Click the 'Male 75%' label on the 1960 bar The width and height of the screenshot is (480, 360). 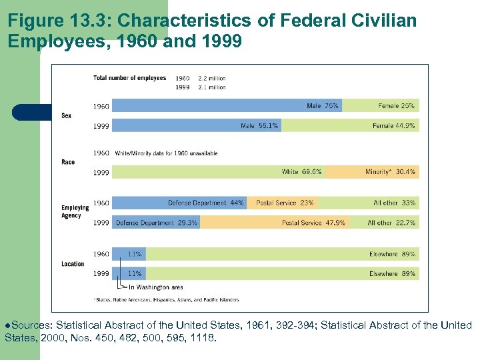click(x=323, y=106)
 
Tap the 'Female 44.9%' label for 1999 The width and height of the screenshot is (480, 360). click(x=394, y=125)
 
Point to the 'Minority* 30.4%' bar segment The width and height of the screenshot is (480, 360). click(x=390, y=172)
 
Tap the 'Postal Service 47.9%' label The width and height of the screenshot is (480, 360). click(x=313, y=223)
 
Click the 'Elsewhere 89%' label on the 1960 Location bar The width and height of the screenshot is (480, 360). click(x=392, y=254)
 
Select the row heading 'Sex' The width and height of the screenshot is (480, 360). click(x=67, y=116)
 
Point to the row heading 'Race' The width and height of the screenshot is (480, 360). click(x=68, y=162)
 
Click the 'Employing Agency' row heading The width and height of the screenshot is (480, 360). click(x=75, y=211)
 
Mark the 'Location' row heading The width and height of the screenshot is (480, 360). click(x=73, y=264)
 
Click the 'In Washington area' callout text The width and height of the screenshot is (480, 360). click(x=156, y=287)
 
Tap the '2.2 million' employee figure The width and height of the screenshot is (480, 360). click(x=212, y=79)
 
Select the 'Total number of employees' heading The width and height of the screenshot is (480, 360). click(x=129, y=78)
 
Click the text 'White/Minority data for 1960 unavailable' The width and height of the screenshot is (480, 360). click(x=167, y=153)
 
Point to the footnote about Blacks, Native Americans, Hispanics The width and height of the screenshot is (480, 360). click(x=166, y=300)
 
